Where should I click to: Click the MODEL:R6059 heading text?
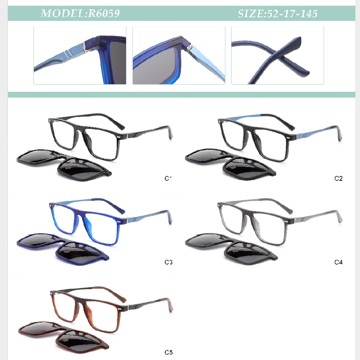(80, 13)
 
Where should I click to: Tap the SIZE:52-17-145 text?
(278, 14)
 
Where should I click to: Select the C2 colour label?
(338, 179)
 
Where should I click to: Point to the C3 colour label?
(168, 262)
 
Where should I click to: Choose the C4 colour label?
(338, 262)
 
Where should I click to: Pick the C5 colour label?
(168, 352)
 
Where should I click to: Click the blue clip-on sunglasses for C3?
(63, 249)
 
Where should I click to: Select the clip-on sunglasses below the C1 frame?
(64, 165)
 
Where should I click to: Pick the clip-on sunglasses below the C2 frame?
(230, 164)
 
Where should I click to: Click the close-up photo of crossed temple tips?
(277, 55)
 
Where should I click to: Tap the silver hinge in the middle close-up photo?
(189, 48)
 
